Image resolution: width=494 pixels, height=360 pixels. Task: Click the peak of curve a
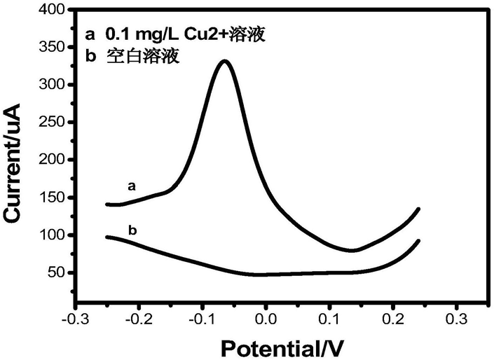pyautogui.click(x=224, y=62)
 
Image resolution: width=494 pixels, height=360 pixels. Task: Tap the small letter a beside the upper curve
pyautogui.click(x=130, y=186)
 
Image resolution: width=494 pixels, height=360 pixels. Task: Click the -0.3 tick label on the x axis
pyautogui.click(x=74, y=320)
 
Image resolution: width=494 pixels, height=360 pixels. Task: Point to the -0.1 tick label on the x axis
pyautogui.click(x=201, y=320)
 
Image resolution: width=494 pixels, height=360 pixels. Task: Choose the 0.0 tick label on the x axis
pyautogui.click(x=266, y=320)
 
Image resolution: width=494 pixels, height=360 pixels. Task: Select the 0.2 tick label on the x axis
pyautogui.click(x=393, y=320)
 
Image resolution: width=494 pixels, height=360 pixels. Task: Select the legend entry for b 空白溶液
pyautogui.click(x=132, y=58)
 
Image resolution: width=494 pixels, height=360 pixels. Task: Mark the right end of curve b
pyautogui.click(x=419, y=241)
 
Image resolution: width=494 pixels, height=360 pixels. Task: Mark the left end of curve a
pyautogui.click(x=107, y=205)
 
